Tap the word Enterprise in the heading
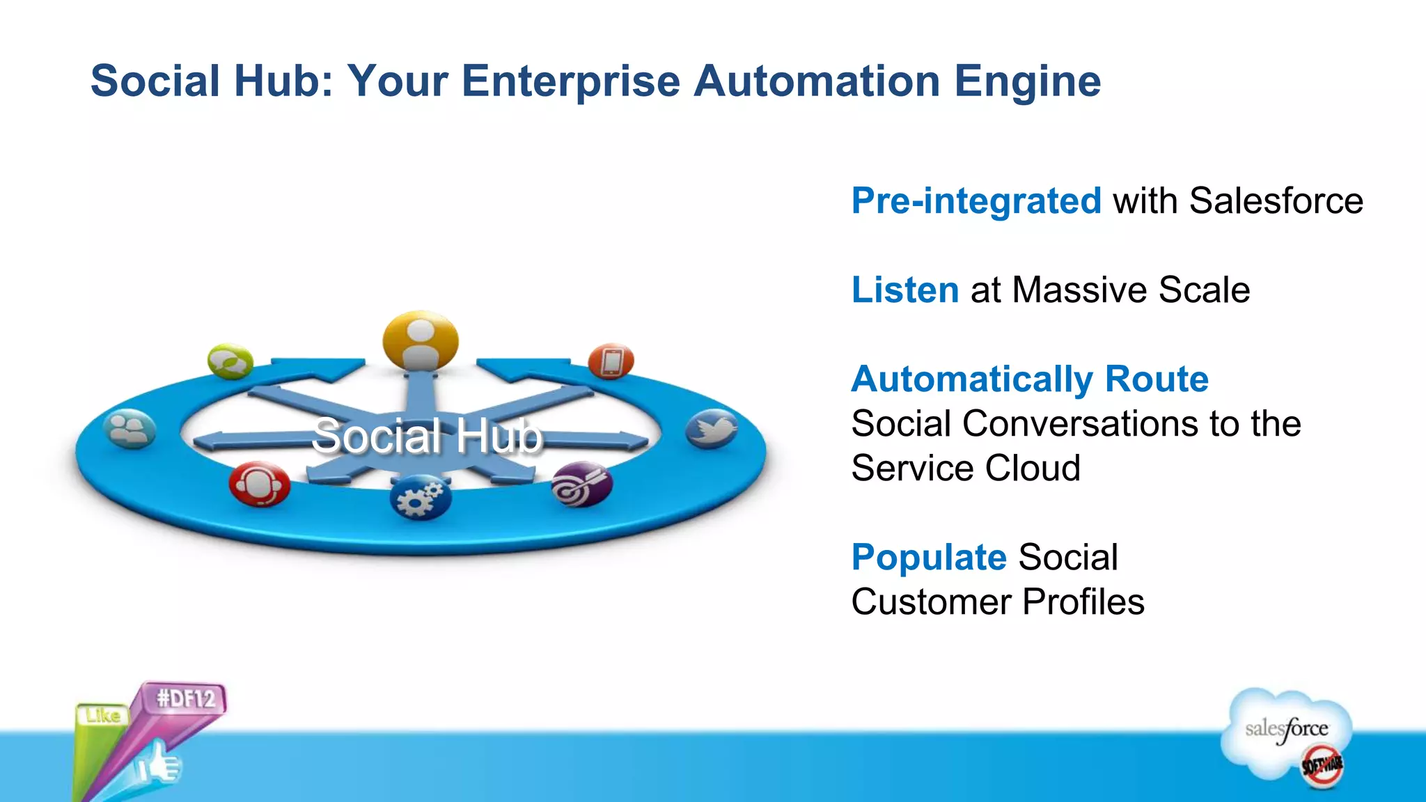click(570, 81)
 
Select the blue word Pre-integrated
click(976, 201)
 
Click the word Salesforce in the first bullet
click(1276, 201)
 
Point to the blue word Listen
click(905, 290)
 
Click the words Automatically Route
click(1030, 379)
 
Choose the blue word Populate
click(929, 558)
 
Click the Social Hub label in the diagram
click(426, 437)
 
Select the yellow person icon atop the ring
click(421, 340)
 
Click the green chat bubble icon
click(230, 361)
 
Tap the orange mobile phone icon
click(611, 361)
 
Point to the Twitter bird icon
click(711, 430)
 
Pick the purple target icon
click(581, 485)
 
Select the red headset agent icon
click(259, 483)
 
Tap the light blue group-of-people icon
click(130, 429)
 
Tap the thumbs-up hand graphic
click(157, 764)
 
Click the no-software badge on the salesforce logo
click(1322, 765)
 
